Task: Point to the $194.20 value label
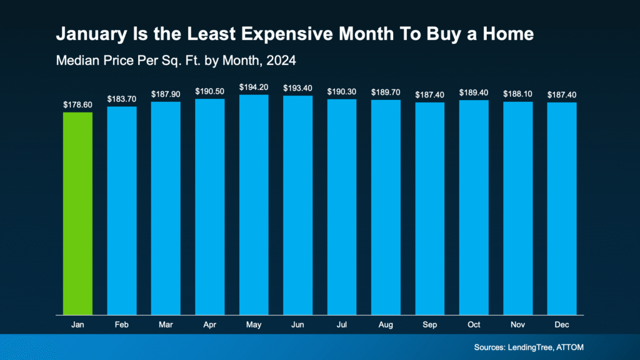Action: point(254,87)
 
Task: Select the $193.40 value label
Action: point(297,88)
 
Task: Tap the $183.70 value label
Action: point(122,99)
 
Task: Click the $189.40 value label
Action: point(474,92)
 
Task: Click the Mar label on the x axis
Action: point(166,326)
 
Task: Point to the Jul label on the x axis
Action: point(342,326)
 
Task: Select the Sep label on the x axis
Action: point(430,326)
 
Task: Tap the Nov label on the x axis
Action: point(518,326)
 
